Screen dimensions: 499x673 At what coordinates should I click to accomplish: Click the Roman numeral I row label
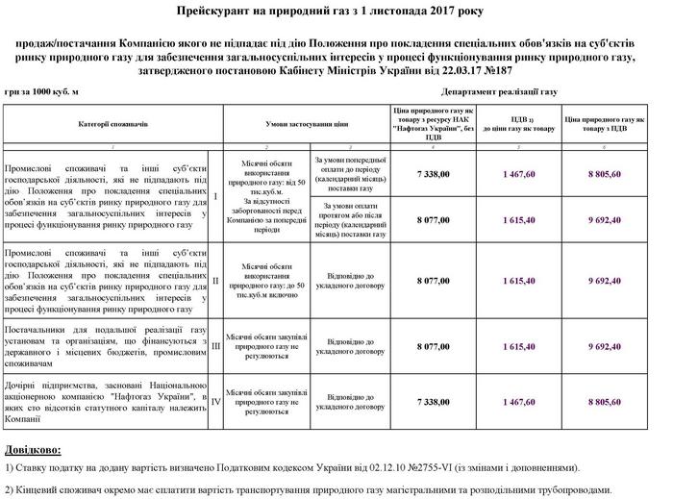(214, 197)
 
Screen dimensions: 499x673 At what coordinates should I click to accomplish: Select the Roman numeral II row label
(214, 281)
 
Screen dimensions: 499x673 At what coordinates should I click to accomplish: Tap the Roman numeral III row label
(215, 346)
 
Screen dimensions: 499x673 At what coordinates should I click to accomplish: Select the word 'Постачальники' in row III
(37, 330)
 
